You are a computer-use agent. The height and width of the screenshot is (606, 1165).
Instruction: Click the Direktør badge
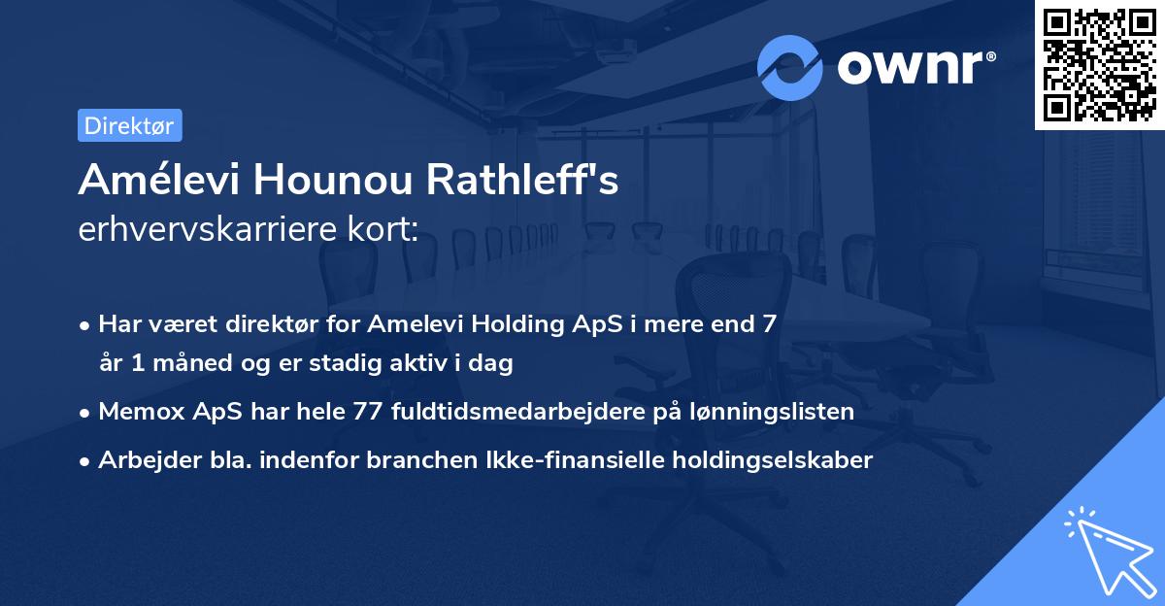click(129, 125)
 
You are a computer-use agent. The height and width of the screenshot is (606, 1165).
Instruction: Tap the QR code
click(1099, 64)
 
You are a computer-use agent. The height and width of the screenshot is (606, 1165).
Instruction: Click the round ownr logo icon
click(790, 67)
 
